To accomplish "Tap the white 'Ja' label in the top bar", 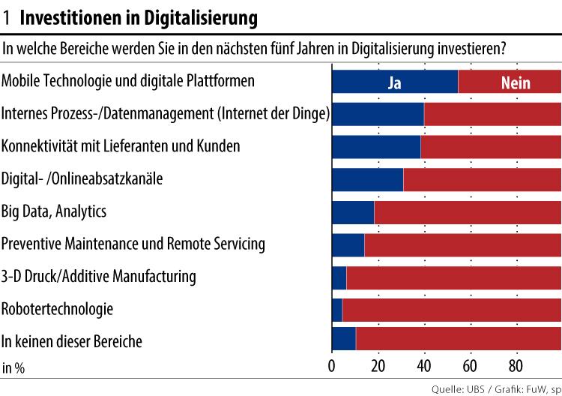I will (x=394, y=82).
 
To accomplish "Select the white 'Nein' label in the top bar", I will (x=516, y=82).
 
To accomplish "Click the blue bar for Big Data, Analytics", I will (x=353, y=212).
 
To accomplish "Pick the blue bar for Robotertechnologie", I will (x=337, y=309).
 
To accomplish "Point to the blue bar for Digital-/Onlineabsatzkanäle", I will (x=367, y=179).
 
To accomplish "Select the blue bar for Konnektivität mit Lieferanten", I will (x=376, y=147).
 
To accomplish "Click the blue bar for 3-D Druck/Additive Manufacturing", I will (x=339, y=277).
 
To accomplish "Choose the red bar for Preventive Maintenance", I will (x=462, y=244).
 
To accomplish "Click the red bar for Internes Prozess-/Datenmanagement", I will (x=492, y=114).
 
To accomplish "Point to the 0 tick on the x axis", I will (x=332, y=367).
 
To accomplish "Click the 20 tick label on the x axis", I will (x=378, y=367).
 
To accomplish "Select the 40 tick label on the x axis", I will (x=424, y=367).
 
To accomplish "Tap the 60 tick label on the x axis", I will (x=470, y=367).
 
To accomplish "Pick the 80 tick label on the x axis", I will (x=516, y=367).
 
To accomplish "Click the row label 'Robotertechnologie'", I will (x=58, y=309).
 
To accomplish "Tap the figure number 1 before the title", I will (x=7, y=16).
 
